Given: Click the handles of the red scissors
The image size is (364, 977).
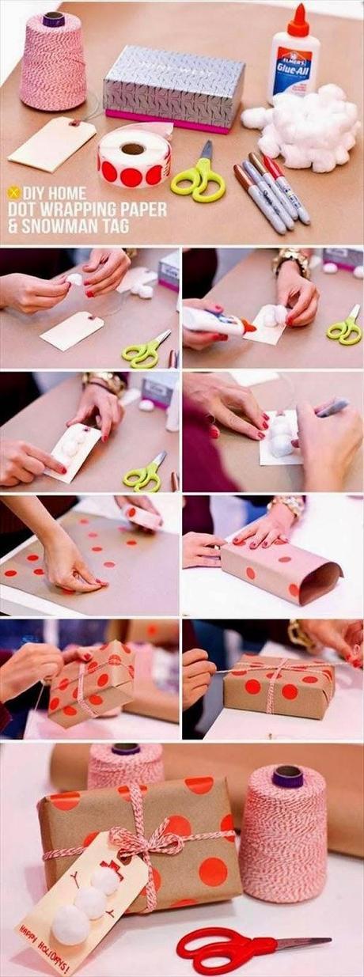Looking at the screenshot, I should coord(210,947).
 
